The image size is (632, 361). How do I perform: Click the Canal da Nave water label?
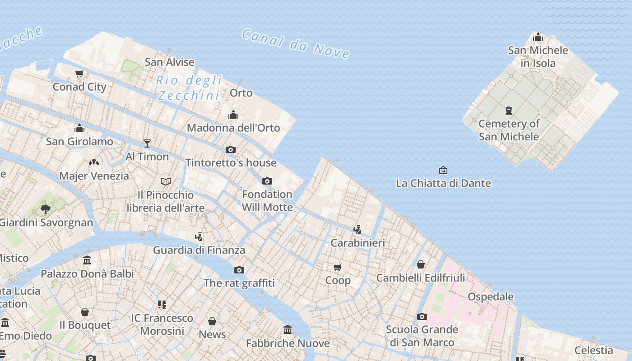296,44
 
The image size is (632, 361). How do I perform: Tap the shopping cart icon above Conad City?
79,74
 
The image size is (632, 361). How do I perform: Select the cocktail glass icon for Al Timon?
147,143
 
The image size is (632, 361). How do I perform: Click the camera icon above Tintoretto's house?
231,149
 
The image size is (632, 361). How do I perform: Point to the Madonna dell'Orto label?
233,128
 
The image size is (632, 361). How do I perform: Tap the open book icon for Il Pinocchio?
166,181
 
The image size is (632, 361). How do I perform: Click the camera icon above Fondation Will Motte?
267,181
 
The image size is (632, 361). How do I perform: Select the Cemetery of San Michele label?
509,130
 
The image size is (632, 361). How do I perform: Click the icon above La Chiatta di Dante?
443,170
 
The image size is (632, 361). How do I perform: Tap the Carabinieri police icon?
357,230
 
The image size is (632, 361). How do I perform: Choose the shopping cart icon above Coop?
338,267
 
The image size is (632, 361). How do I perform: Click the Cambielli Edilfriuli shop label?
421,278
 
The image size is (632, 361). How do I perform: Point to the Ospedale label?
491,296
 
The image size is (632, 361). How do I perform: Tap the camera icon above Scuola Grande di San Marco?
422,316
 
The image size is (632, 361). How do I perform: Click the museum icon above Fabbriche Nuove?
288,330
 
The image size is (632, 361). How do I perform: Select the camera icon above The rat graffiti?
239,270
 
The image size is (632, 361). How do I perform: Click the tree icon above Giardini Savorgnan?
45,209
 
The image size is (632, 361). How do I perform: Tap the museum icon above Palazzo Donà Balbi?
87,260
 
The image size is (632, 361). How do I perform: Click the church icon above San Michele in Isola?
538,37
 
